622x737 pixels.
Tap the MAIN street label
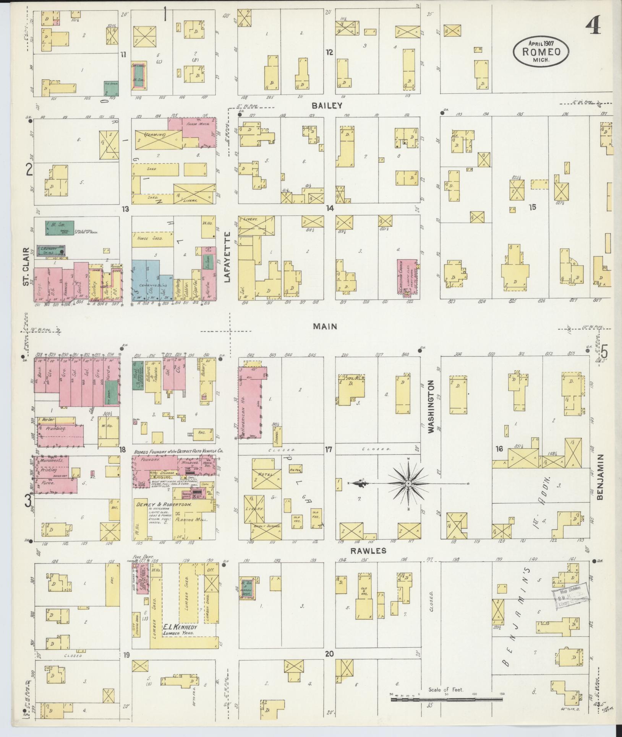(x=325, y=326)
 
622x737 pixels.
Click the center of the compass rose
(x=408, y=484)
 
